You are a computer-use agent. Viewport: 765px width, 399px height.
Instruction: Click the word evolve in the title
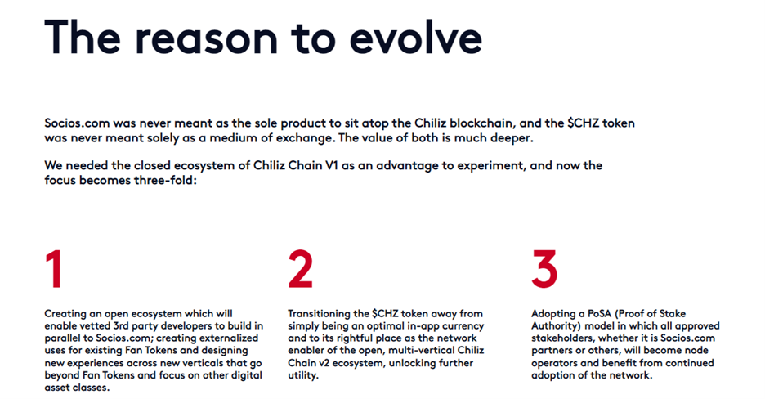[416, 38]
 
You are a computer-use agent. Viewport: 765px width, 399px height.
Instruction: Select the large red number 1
[54, 269]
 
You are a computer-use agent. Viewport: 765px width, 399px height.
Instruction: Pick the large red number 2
[300, 269]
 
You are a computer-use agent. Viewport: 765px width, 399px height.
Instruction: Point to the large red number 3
[544, 269]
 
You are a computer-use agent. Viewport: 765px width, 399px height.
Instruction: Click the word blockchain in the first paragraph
[482, 123]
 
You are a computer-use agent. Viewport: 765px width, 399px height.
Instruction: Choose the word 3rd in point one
[121, 326]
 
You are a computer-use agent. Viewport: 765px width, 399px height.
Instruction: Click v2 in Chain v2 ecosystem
[319, 363]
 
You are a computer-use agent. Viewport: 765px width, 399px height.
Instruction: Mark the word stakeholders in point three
[562, 338]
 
